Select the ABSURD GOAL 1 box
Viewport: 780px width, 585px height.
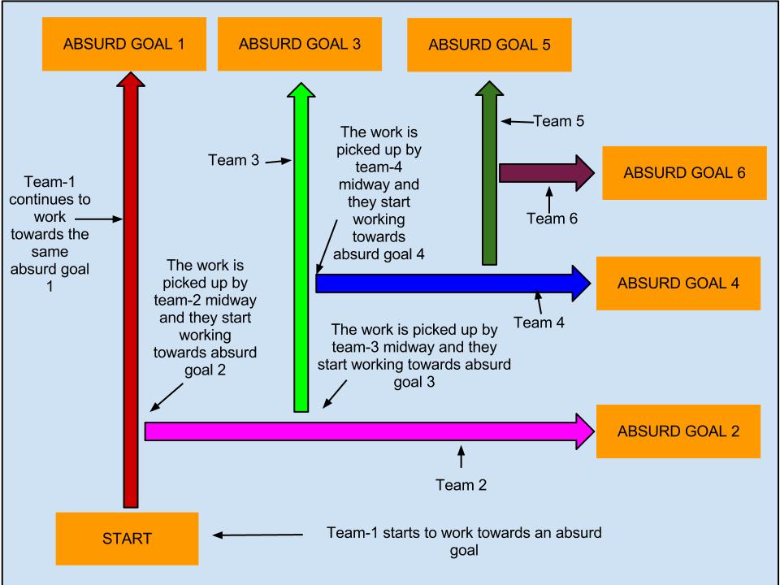[124, 44]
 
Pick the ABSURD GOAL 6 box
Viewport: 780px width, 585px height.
[684, 173]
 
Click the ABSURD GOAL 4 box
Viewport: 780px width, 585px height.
[678, 284]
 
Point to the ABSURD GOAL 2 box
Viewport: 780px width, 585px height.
[678, 431]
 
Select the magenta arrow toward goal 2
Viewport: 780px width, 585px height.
[366, 431]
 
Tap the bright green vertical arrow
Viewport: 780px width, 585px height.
[301, 244]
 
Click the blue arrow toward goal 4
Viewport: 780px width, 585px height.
[447, 283]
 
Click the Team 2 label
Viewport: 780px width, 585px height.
[461, 486]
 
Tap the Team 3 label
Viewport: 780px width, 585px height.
[233, 161]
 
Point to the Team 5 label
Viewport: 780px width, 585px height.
[560, 122]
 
